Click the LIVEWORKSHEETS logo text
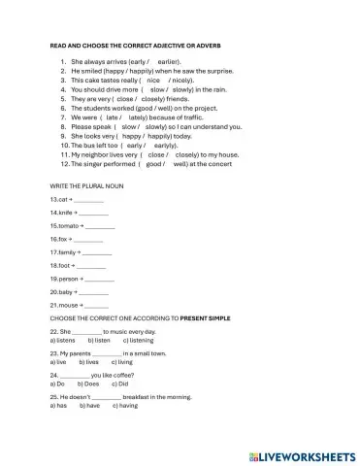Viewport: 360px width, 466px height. point(303,454)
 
